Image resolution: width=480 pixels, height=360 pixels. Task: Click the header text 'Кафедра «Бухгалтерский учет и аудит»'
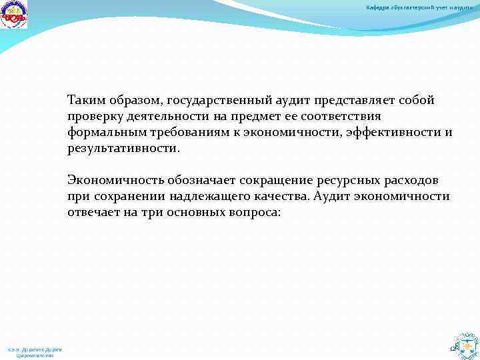pyautogui.click(x=420, y=7)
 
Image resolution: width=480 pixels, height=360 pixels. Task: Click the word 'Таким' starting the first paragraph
pyautogui.click(x=85, y=101)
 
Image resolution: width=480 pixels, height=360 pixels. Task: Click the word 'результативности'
pyautogui.click(x=122, y=149)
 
